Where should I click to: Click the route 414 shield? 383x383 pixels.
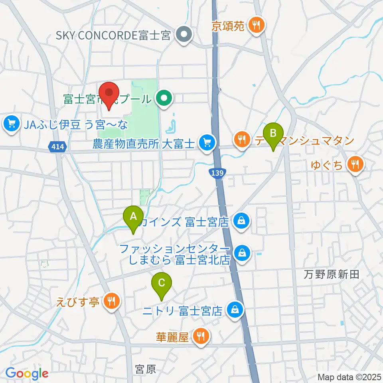[x=57, y=148]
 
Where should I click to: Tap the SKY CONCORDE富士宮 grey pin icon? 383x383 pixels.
[x=184, y=36]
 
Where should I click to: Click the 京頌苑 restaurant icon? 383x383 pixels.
[x=254, y=26]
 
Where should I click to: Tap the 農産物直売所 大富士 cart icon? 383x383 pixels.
[x=207, y=142]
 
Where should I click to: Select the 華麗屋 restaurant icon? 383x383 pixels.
[x=200, y=337]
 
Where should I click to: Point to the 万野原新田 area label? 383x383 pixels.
[x=331, y=274]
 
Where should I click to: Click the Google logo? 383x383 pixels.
[x=27, y=373]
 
